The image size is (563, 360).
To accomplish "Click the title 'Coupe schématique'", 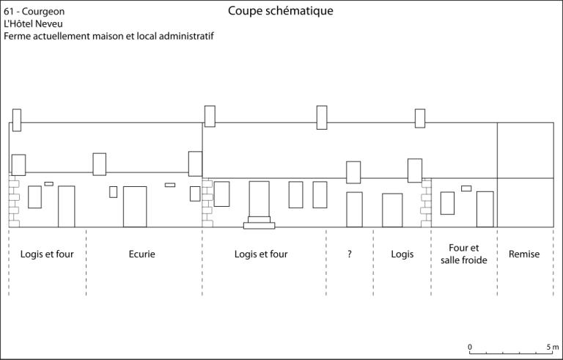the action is (281, 11).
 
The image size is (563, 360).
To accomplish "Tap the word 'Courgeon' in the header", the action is (43, 12).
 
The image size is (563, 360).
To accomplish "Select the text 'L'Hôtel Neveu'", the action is (34, 23).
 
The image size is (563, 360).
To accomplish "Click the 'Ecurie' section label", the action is (141, 254).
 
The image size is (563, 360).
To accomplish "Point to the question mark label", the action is (350, 254).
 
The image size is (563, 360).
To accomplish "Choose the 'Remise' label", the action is (524, 254).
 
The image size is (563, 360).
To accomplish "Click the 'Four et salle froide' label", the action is (463, 254).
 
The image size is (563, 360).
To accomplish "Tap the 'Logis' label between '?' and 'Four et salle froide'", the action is (402, 254).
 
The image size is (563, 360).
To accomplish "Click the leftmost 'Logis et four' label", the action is (47, 254).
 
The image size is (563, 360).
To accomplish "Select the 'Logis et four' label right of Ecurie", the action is (261, 254).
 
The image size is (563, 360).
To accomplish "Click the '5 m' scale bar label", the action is (553, 347).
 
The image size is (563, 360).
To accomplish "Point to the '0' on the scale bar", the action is (470, 347).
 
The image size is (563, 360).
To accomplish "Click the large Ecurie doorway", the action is (135, 207).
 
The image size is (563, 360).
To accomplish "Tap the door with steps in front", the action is (260, 199).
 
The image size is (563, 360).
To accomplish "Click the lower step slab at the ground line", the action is (260, 226).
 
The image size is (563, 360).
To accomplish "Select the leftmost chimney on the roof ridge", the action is (17, 120).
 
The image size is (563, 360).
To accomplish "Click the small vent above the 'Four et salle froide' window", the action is (466, 188).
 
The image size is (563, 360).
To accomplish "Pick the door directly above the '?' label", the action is (354, 210).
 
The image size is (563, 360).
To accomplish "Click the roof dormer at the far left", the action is (18, 165).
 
